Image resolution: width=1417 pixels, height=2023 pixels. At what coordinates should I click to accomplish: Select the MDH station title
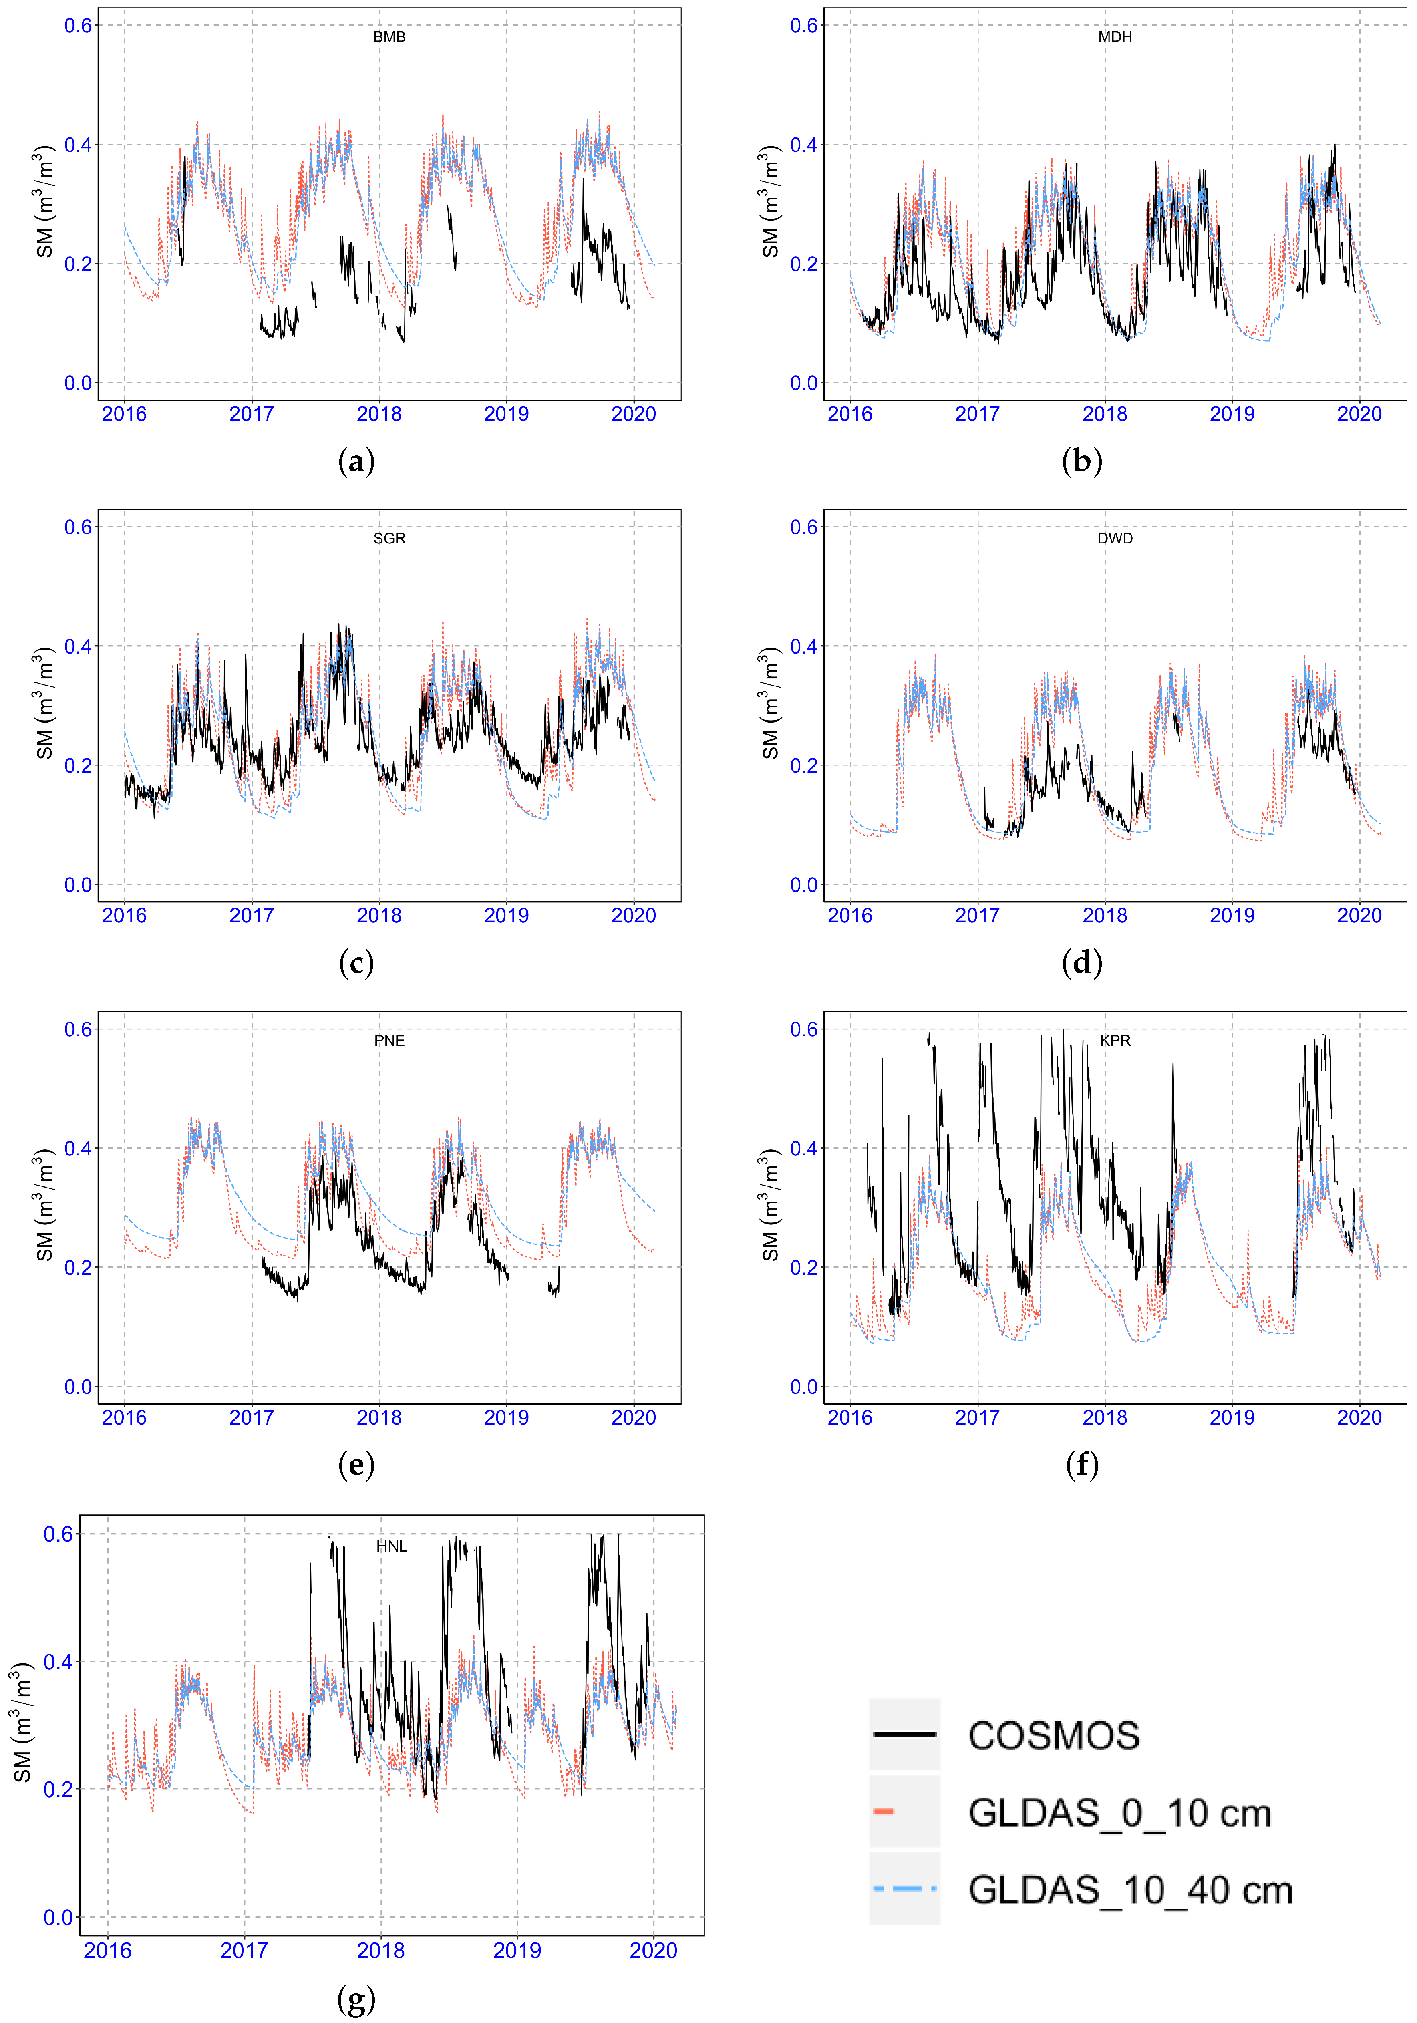[1115, 37]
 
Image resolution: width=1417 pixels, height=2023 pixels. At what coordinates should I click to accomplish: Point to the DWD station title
[1115, 538]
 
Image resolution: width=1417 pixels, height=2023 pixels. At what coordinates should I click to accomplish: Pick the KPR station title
[1115, 1041]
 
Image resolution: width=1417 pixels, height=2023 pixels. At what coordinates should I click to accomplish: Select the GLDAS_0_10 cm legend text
[1119, 1812]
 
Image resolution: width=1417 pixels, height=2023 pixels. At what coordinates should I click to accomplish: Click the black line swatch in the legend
[904, 1735]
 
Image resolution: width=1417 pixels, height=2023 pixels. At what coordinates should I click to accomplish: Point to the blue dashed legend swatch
[904, 1888]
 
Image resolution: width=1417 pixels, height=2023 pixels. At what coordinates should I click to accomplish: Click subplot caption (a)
[356, 461]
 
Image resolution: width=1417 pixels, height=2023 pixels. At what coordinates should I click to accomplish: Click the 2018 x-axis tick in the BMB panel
[379, 414]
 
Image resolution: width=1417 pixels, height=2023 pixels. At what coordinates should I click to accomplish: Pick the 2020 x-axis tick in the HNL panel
[653, 1950]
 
